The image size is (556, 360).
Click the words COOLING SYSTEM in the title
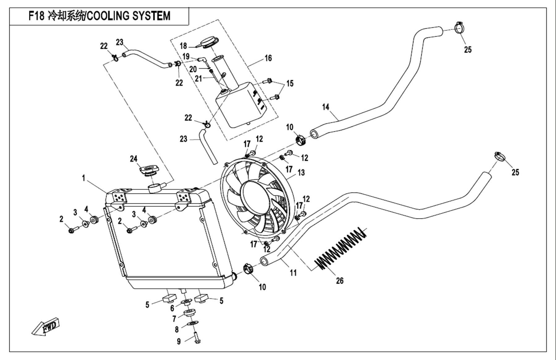pyautogui.click(x=128, y=16)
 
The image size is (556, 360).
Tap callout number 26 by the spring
pyautogui.click(x=339, y=281)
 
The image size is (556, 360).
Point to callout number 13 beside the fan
pyautogui.click(x=301, y=172)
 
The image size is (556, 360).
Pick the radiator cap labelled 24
pyautogui.click(x=149, y=171)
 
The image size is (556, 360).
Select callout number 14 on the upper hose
pyautogui.click(x=325, y=107)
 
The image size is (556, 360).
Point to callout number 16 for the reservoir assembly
pyautogui.click(x=268, y=58)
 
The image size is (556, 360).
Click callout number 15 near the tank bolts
pyautogui.click(x=290, y=83)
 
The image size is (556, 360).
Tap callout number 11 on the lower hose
pyautogui.click(x=293, y=273)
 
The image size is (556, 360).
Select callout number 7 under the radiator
pyautogui.click(x=174, y=319)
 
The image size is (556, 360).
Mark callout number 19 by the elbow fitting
pyautogui.click(x=186, y=57)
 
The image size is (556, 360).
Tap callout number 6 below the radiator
pyautogui.click(x=172, y=308)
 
